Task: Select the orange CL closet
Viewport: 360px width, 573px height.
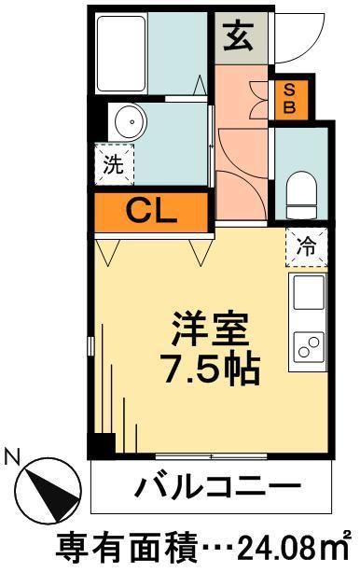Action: [x=149, y=212]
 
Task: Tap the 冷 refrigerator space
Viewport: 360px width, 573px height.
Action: [x=305, y=248]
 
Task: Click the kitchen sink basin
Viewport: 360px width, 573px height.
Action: [x=308, y=292]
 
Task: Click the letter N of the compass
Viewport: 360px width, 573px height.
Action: [x=13, y=458]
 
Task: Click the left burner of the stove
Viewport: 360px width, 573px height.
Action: [x=302, y=351]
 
